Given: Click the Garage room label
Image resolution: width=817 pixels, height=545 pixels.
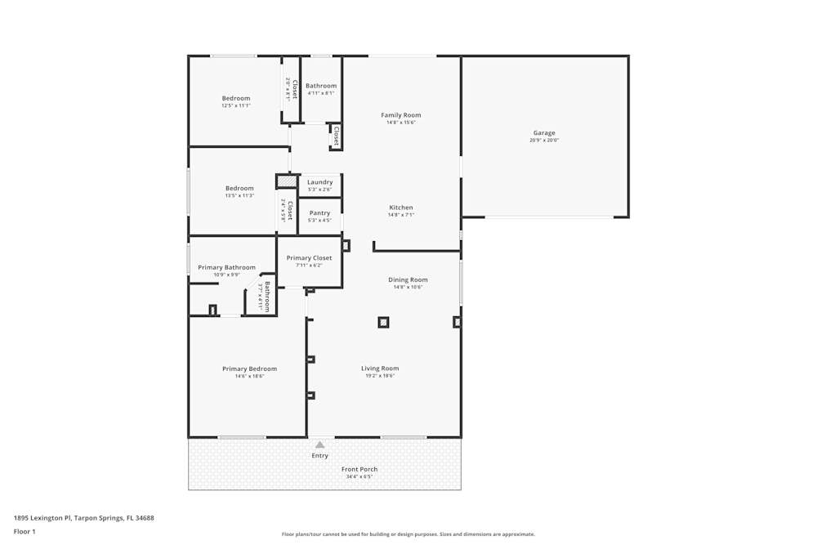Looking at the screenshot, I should click(544, 132).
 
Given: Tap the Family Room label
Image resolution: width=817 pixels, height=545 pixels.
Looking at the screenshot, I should click(400, 115).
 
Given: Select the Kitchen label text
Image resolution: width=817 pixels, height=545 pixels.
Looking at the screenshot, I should click(400, 208).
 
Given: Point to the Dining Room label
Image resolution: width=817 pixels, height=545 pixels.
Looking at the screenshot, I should click(408, 279).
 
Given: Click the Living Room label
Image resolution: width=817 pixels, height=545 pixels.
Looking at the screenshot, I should click(380, 369).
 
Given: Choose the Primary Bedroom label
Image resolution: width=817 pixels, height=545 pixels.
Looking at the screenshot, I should click(249, 369).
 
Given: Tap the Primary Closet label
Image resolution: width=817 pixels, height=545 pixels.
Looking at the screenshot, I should click(309, 258).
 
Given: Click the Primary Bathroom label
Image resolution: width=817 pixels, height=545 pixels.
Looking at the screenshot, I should click(226, 267).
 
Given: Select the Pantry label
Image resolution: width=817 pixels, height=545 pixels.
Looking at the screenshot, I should click(319, 212).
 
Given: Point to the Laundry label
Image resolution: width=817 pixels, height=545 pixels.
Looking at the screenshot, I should click(319, 182).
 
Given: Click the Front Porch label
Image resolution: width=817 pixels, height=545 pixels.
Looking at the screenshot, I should click(359, 469).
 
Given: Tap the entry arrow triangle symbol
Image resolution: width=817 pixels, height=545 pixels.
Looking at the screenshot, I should click(319, 444).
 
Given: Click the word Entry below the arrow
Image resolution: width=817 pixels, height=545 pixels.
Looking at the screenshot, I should click(319, 456).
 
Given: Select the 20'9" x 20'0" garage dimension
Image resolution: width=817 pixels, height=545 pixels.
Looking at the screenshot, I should click(544, 140).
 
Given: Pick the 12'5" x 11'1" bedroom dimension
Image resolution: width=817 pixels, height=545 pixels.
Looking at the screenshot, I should click(236, 105).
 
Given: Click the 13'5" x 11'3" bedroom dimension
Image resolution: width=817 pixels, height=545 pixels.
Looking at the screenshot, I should click(239, 195).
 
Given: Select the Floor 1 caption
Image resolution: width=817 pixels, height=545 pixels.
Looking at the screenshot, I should click(25, 531).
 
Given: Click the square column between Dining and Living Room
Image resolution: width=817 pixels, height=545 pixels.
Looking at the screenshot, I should click(383, 322).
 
